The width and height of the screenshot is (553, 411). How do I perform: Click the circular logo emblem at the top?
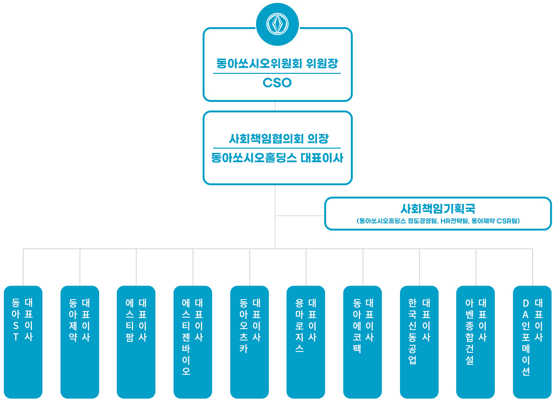tap(277, 24)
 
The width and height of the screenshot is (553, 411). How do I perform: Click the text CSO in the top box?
tap(277, 83)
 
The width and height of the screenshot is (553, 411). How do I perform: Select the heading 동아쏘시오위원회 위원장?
tap(277, 63)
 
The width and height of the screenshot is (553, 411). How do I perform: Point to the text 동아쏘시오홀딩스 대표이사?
tap(277, 158)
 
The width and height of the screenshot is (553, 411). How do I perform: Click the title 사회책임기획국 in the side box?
tap(438, 209)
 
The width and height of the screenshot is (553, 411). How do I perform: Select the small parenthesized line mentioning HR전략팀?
tap(438, 221)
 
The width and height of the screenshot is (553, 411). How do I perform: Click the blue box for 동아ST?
tap(23, 342)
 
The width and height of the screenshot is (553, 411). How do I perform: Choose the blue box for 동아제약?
tap(80, 342)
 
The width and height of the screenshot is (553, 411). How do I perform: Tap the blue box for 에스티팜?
tap(136, 342)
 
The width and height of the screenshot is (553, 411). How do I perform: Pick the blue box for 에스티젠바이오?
tap(193, 342)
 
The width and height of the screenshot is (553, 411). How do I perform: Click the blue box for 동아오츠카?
tap(249, 342)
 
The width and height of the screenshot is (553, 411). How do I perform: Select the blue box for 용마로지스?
tap(306, 342)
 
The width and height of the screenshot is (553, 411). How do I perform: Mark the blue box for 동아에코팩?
tap(362, 342)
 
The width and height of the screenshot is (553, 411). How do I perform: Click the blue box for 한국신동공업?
tap(419, 342)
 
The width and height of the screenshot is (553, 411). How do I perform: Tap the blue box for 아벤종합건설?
tap(475, 342)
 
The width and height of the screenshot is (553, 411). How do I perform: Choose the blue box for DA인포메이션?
tap(532, 342)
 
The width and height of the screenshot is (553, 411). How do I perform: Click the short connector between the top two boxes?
tap(276, 106)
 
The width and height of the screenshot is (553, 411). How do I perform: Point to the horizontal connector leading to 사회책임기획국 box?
tap(300, 216)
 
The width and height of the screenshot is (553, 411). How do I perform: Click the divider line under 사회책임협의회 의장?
tap(277, 148)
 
